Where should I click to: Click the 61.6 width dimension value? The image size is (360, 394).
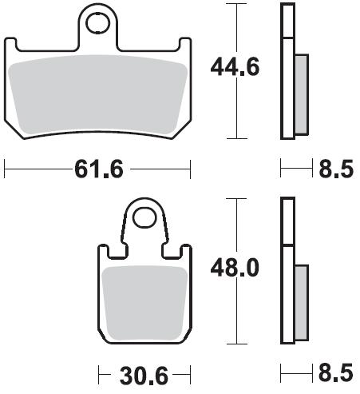(99, 169)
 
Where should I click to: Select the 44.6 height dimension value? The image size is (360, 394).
(235, 66)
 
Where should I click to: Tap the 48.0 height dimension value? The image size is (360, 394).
(235, 268)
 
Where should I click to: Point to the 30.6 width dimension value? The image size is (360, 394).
(144, 376)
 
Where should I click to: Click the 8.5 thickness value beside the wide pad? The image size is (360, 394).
(336, 169)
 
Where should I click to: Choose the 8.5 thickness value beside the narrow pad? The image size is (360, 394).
(336, 373)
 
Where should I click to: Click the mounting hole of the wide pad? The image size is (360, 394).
(98, 23)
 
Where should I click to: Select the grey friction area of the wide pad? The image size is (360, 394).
(98, 94)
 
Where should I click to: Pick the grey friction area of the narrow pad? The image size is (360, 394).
(145, 303)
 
